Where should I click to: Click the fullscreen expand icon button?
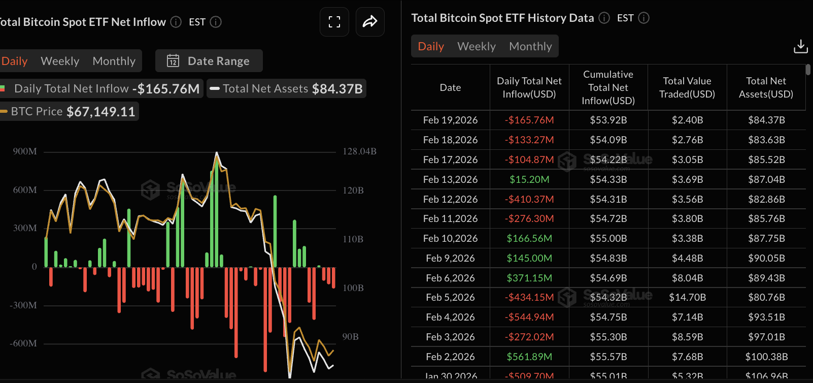point(334,22)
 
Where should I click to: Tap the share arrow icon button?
point(370,22)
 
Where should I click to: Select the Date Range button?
point(209,61)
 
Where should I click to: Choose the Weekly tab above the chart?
point(60,61)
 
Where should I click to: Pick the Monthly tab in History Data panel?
point(530,46)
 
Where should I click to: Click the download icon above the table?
point(800,46)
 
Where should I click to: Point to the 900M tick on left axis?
point(25,151)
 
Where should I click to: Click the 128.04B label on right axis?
point(359,151)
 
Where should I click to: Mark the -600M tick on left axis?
point(23,343)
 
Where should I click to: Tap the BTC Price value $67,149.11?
point(101,112)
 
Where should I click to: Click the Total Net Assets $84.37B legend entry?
point(287,88)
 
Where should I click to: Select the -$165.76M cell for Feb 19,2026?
point(529,120)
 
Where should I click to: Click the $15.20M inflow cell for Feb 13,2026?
point(529,179)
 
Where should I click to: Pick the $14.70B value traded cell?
point(687,297)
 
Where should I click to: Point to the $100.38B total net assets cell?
point(766,357)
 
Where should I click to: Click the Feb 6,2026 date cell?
point(450,278)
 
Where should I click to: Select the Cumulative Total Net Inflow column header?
point(608,87)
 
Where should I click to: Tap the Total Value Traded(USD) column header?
point(687,87)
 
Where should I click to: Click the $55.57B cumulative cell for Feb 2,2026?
point(608,357)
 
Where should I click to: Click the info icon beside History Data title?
point(604,18)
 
